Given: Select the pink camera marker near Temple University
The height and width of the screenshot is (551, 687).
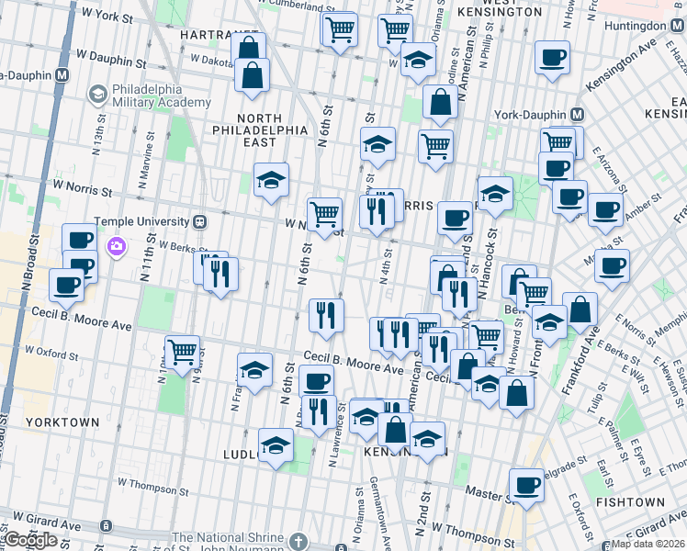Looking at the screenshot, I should pyautogui.click(x=117, y=245).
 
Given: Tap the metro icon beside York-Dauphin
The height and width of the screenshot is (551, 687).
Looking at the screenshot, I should pyautogui.click(x=577, y=116).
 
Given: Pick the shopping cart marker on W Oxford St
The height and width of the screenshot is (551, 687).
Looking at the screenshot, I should pyautogui.click(x=183, y=351).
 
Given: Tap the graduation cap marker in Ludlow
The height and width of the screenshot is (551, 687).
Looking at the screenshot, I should pyautogui.click(x=275, y=445).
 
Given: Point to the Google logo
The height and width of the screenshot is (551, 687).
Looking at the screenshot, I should pyautogui.click(x=30, y=540).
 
